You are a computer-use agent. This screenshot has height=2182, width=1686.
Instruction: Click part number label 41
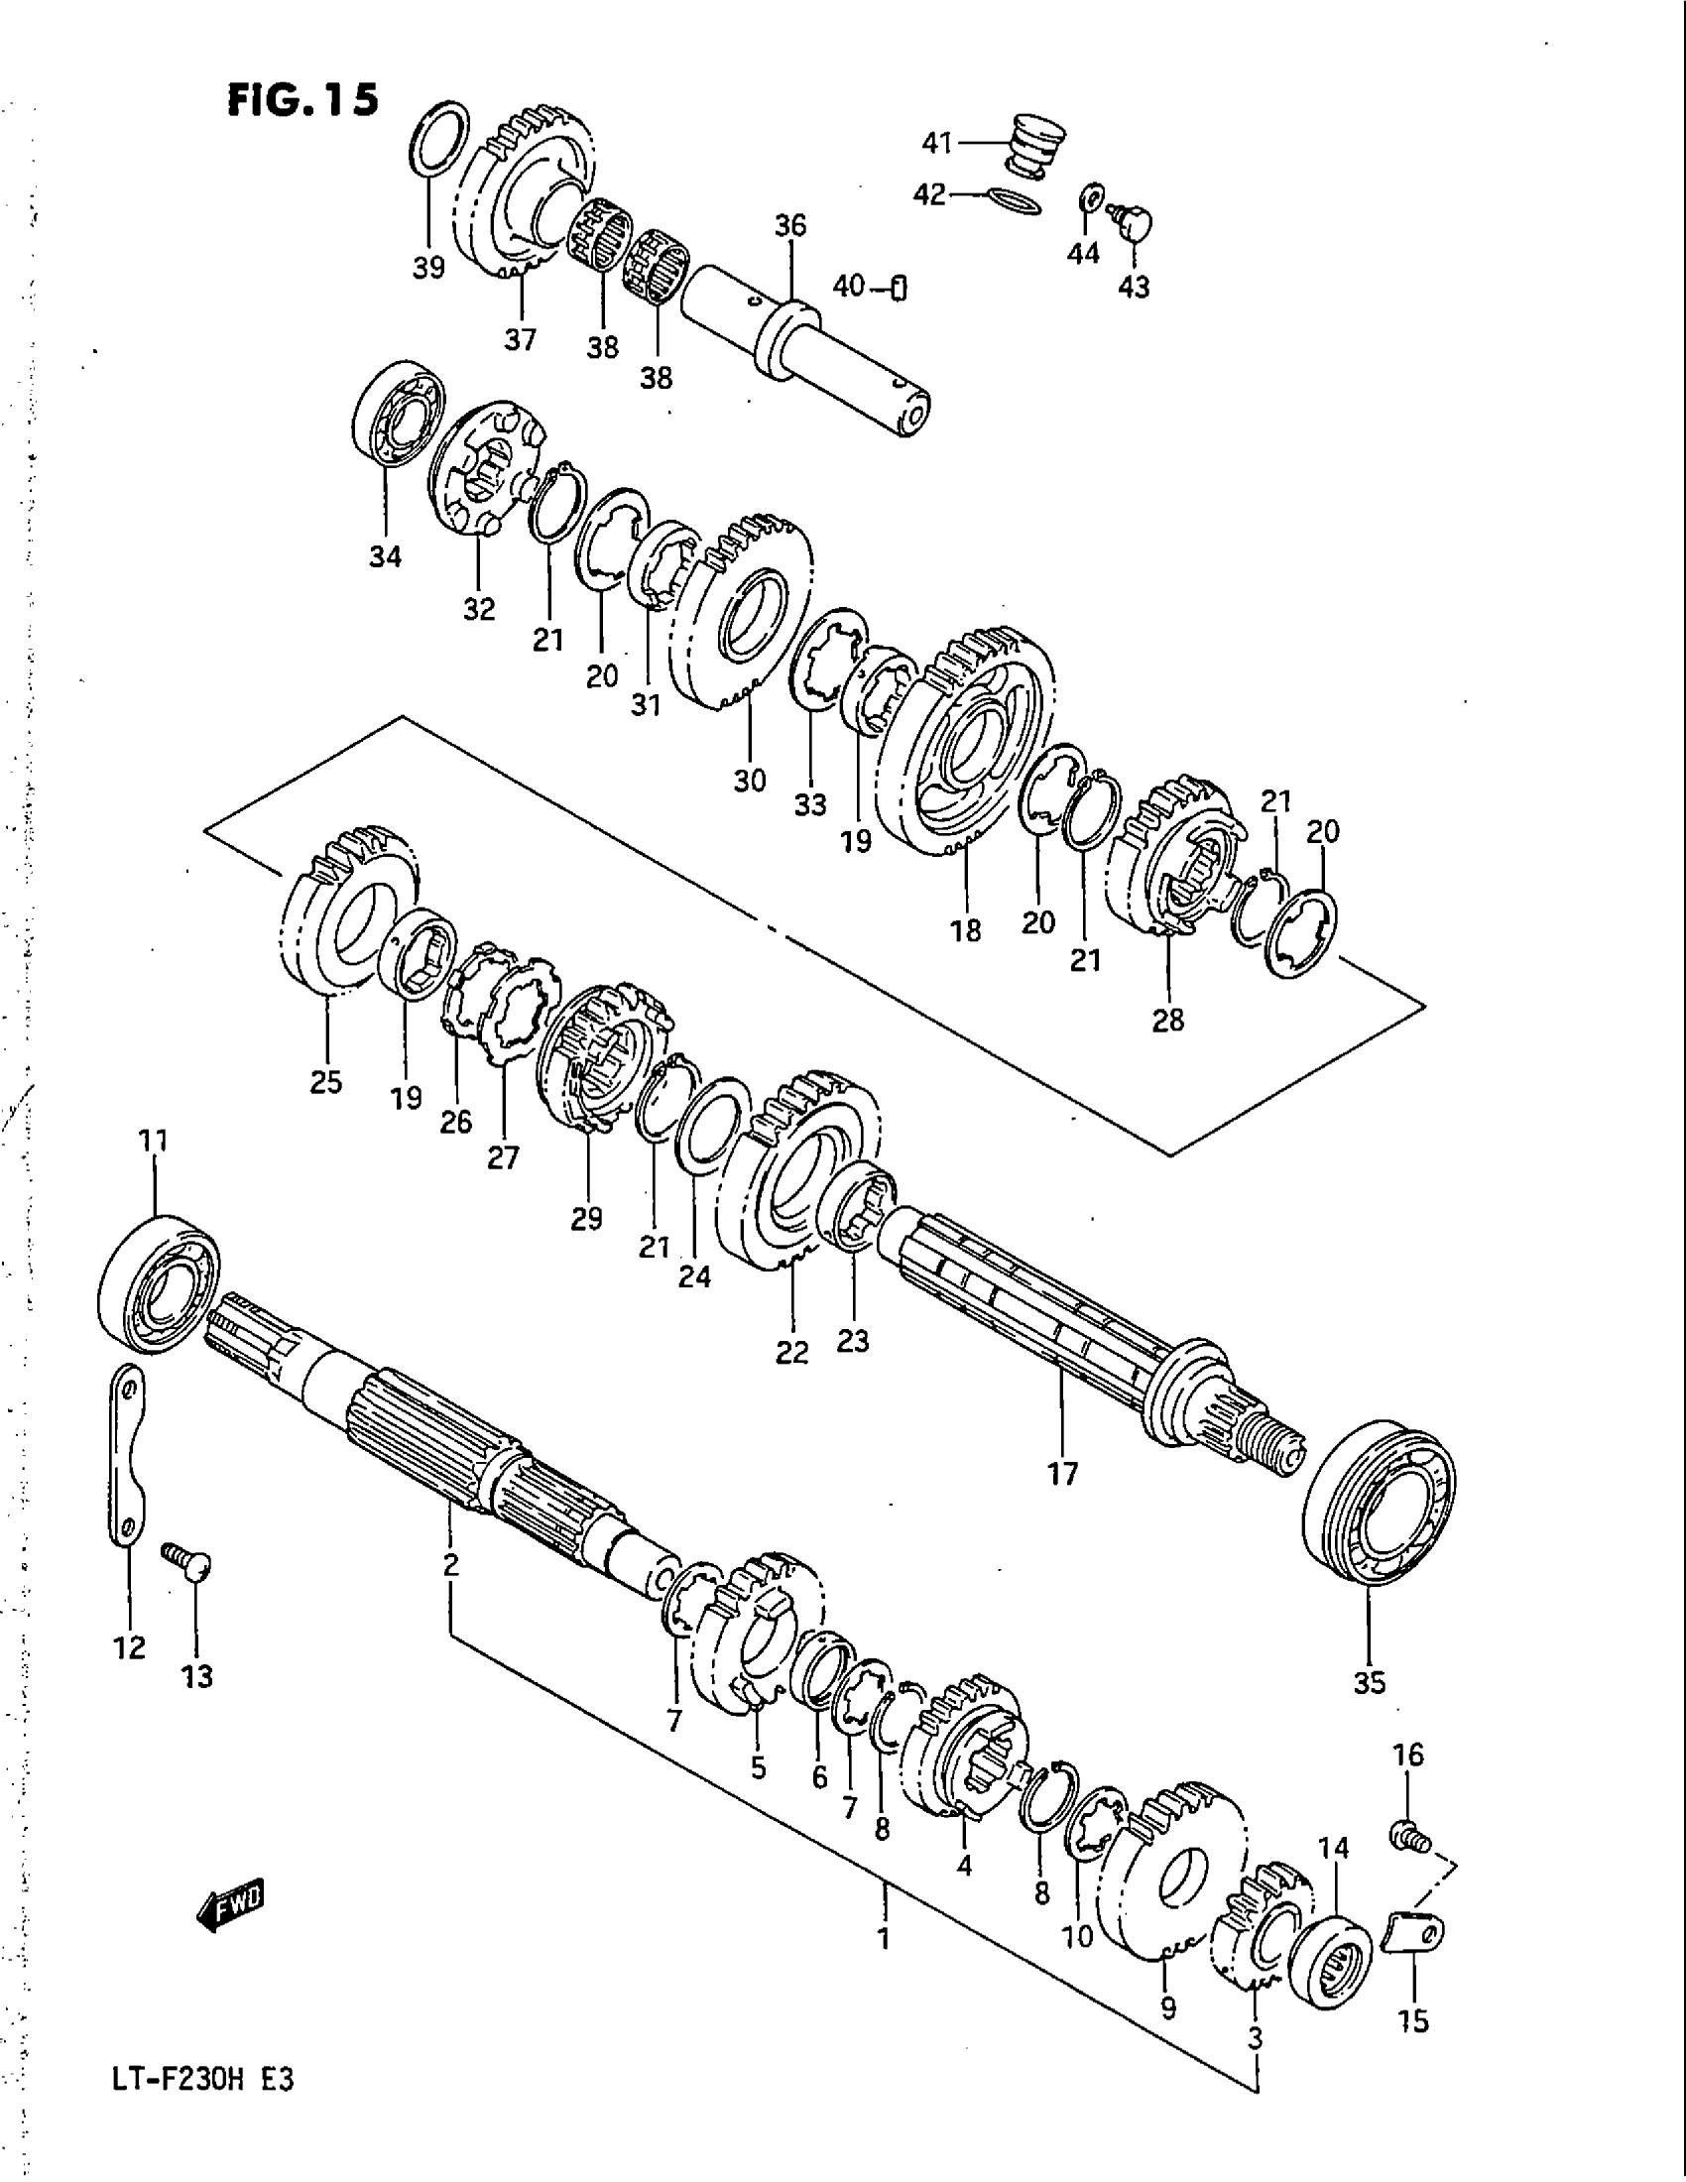[936, 144]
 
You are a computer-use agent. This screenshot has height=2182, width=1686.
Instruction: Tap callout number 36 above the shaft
[790, 226]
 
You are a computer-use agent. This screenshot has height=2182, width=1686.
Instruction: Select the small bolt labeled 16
[1406, 1833]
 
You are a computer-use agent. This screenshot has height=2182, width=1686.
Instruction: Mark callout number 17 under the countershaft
[1063, 1473]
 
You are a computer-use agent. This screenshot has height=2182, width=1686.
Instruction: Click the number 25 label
[326, 1082]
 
